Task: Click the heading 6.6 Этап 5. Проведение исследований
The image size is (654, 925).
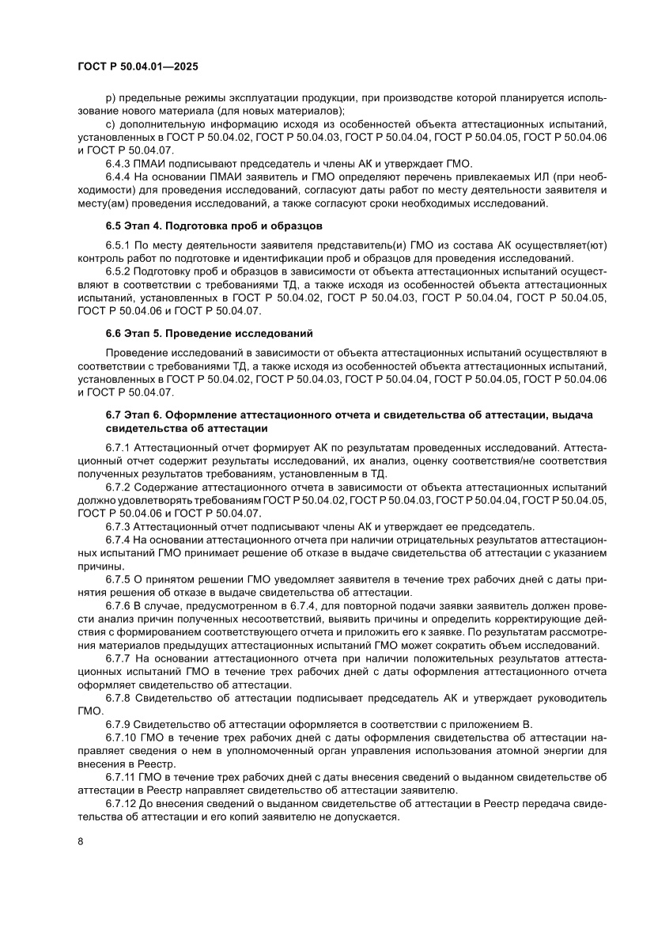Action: click(210, 332)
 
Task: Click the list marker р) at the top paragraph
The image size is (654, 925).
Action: click(110, 97)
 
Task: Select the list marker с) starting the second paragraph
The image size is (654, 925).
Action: click(110, 124)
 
